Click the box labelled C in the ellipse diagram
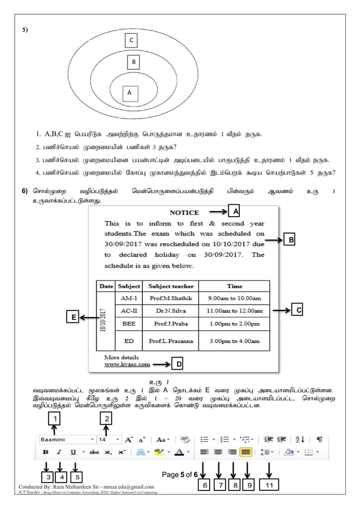pyautogui.click(x=131, y=40)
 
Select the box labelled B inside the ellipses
pyautogui.click(x=134, y=62)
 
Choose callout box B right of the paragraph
pyautogui.click(x=292, y=240)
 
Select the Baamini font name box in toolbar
pyautogui.click(x=64, y=438)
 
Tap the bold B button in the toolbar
pyautogui.click(x=45, y=452)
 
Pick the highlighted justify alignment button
pyautogui.click(x=245, y=452)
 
